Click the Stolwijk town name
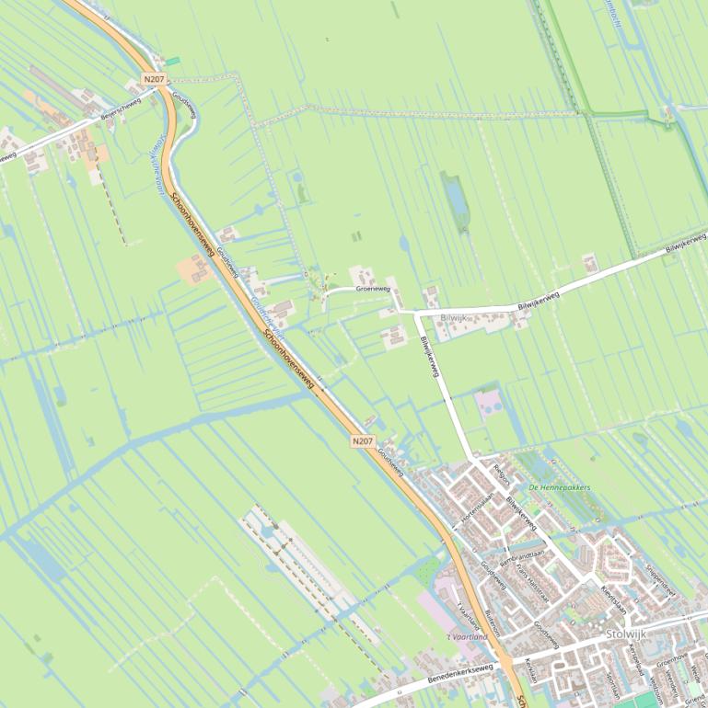(626, 634)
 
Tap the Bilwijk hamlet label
(454, 317)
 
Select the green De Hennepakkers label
(559, 487)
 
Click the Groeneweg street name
(373, 289)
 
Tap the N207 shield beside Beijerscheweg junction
(154, 80)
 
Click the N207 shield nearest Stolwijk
(363, 441)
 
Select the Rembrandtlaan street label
(522, 557)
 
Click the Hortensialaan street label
(479, 503)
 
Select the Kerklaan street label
(530, 668)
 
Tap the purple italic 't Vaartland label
(467, 636)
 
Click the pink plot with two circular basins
(489, 402)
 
